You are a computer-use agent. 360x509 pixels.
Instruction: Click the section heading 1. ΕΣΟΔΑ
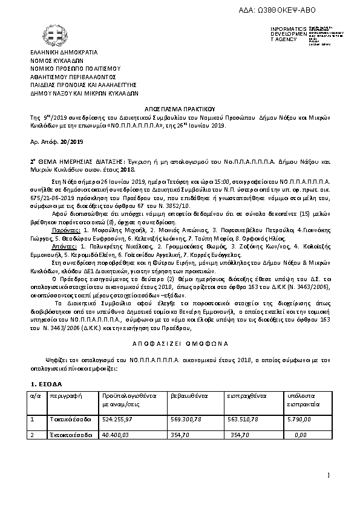45,384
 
